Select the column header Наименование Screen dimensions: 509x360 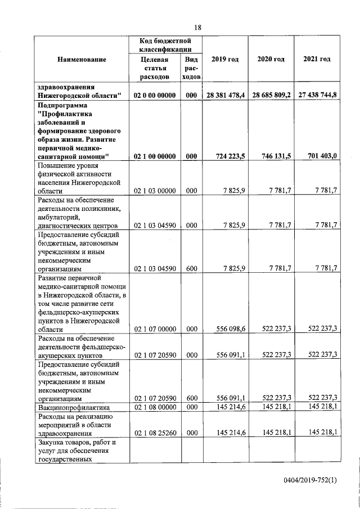[82, 59]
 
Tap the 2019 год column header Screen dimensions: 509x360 [224, 59]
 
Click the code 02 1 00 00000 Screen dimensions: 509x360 [155, 156]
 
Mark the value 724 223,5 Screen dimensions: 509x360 [230, 156]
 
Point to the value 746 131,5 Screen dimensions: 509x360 [276, 156]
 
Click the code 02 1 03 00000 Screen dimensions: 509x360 [155, 192]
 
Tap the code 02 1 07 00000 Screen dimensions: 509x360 [155, 328]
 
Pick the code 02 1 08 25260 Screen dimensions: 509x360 [155, 432]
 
